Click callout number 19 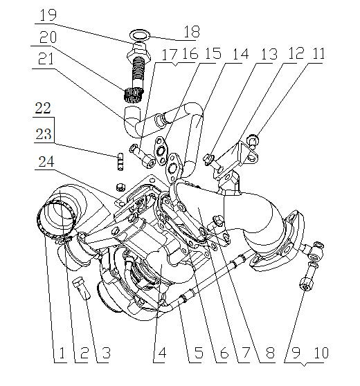[x=48, y=15]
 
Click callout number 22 [x=43, y=108]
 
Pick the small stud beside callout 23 [x=119, y=160]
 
